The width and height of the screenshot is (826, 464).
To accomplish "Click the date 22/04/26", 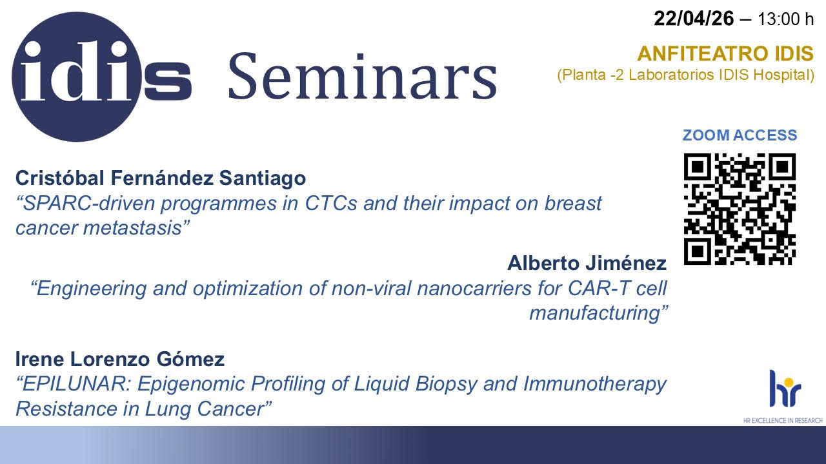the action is tap(694, 19).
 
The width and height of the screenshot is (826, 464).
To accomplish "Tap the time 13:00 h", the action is tap(785, 19).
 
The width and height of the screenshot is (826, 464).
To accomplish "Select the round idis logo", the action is tap(77, 77).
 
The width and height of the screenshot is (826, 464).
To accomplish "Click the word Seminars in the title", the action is tap(363, 76).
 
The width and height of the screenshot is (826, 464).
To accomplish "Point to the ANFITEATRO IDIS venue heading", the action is tap(725, 53).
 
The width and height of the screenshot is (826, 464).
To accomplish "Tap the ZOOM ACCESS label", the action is tap(740, 135).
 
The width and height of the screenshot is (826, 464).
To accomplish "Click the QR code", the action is tap(740, 209).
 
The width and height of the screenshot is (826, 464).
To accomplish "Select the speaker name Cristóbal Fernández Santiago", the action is tap(161, 178).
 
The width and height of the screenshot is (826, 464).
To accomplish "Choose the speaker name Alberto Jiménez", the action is tap(587, 263).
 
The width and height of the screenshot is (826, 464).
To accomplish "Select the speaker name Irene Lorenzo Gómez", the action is tap(120, 359).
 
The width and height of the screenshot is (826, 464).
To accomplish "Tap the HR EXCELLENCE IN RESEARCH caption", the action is tap(783, 420).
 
